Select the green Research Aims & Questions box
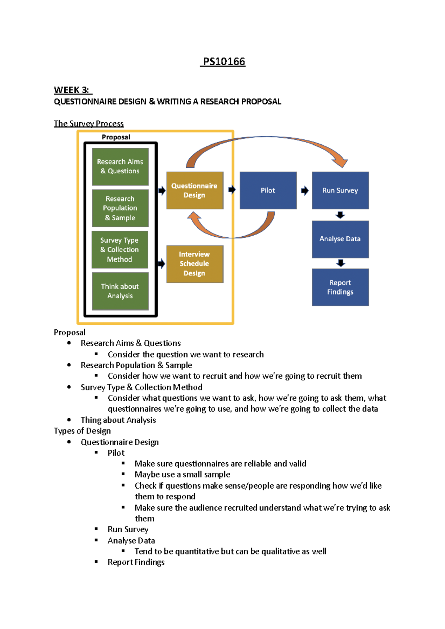click(x=120, y=167)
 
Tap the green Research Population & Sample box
click(x=120, y=208)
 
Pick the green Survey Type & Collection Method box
click(x=120, y=250)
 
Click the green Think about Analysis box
click(x=120, y=291)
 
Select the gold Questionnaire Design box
click(x=195, y=190)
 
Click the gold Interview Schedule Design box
click(x=195, y=264)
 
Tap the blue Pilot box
click(x=268, y=190)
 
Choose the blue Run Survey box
click(x=340, y=190)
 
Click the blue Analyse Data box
click(x=340, y=239)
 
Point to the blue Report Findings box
click(x=340, y=287)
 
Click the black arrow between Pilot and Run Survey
click(x=305, y=191)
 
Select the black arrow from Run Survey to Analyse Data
click(x=340, y=215)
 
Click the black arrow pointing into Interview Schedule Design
click(x=162, y=264)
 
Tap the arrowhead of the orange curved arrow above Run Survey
click(x=340, y=162)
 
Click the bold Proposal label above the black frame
click(x=116, y=137)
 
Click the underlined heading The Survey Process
click(x=89, y=123)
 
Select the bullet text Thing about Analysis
click(x=118, y=420)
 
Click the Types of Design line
click(x=82, y=431)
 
